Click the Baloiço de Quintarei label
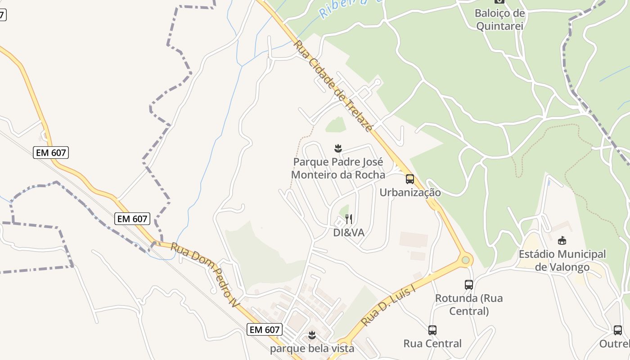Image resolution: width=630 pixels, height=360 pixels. coord(499,19)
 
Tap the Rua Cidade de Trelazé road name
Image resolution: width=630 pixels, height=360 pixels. coord(333,86)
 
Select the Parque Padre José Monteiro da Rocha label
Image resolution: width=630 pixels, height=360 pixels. coord(338,168)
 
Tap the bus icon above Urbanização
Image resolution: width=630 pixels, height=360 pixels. coord(410,179)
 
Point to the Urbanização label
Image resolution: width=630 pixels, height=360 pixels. coord(410,193)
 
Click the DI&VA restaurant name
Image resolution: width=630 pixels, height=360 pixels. coord(349,233)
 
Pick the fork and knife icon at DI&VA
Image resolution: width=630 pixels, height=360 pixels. coord(349,219)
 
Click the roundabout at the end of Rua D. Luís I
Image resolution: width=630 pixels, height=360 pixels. coord(466,260)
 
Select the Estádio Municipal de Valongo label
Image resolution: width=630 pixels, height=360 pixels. coord(562,261)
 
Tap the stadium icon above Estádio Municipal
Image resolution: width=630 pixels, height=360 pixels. coord(562,240)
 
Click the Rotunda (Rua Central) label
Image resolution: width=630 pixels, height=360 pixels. coord(469,304)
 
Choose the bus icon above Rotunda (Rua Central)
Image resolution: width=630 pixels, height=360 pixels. coord(469,284)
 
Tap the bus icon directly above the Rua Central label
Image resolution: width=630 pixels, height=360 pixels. coord(432,330)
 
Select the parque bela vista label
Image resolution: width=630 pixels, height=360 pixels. coord(312,348)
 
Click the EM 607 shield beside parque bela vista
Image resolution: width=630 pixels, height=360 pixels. coord(265,329)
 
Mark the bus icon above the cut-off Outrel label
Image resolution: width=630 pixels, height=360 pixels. coord(618,330)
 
